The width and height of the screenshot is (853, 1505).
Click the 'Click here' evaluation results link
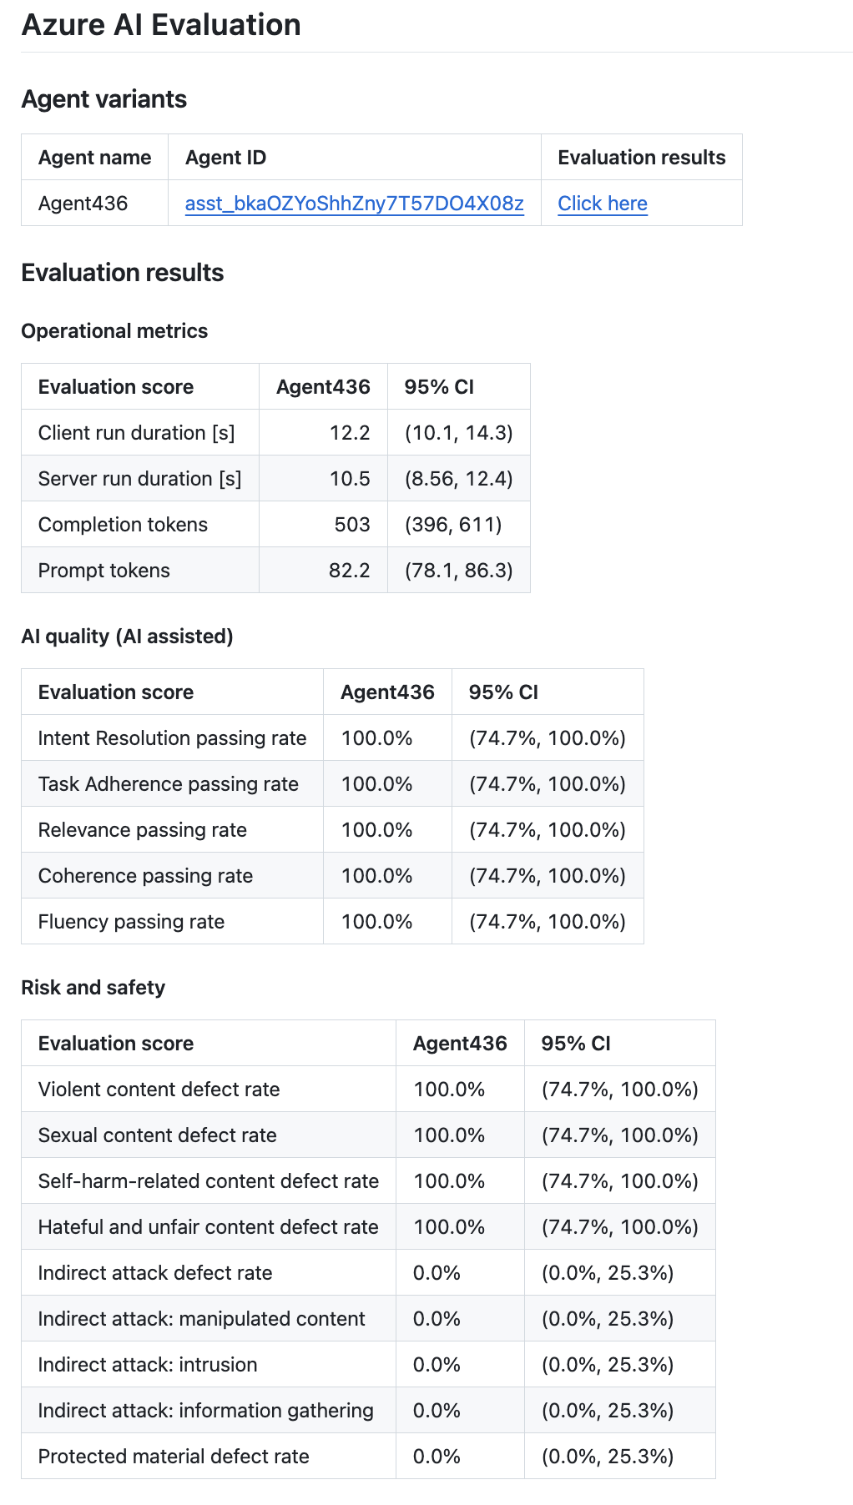pos(602,204)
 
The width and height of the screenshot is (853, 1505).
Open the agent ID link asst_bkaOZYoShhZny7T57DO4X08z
pos(354,204)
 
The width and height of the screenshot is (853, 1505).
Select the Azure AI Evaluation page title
pos(161,25)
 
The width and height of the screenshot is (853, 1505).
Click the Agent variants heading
pos(104,99)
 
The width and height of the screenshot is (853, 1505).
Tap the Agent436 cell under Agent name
pos(83,204)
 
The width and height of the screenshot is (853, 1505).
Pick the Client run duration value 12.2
pos(350,433)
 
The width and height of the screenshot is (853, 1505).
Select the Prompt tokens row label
pos(104,571)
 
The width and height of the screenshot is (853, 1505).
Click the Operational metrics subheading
pos(114,331)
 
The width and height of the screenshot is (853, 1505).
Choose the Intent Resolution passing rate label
pos(172,738)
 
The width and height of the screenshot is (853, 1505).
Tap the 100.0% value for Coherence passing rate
pos(377,876)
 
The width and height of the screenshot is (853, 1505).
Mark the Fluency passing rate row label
pos(131,922)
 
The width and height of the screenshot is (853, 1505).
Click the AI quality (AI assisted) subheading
pos(127,637)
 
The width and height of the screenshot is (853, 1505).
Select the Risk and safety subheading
pos(93,988)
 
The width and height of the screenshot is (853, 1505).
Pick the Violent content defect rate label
pos(159,1090)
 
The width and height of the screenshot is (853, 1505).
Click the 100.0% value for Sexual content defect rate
pos(449,1135)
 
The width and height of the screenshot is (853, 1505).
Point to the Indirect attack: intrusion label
pos(148,1365)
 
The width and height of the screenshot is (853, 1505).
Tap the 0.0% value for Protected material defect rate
pos(437,1457)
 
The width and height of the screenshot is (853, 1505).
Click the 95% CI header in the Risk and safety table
pos(576,1044)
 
